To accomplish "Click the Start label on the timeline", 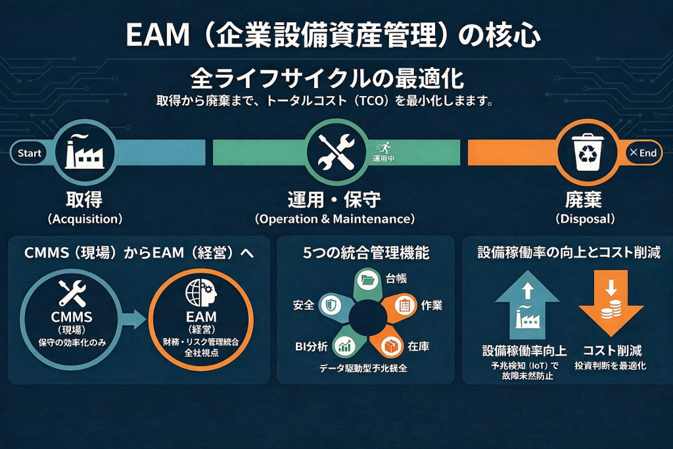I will coord(30,153).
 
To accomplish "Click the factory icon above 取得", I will coord(83,153).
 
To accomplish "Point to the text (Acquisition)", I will coord(85,218).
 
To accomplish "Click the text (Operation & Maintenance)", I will coord(335,218).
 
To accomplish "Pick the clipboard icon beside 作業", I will coord(404,305).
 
